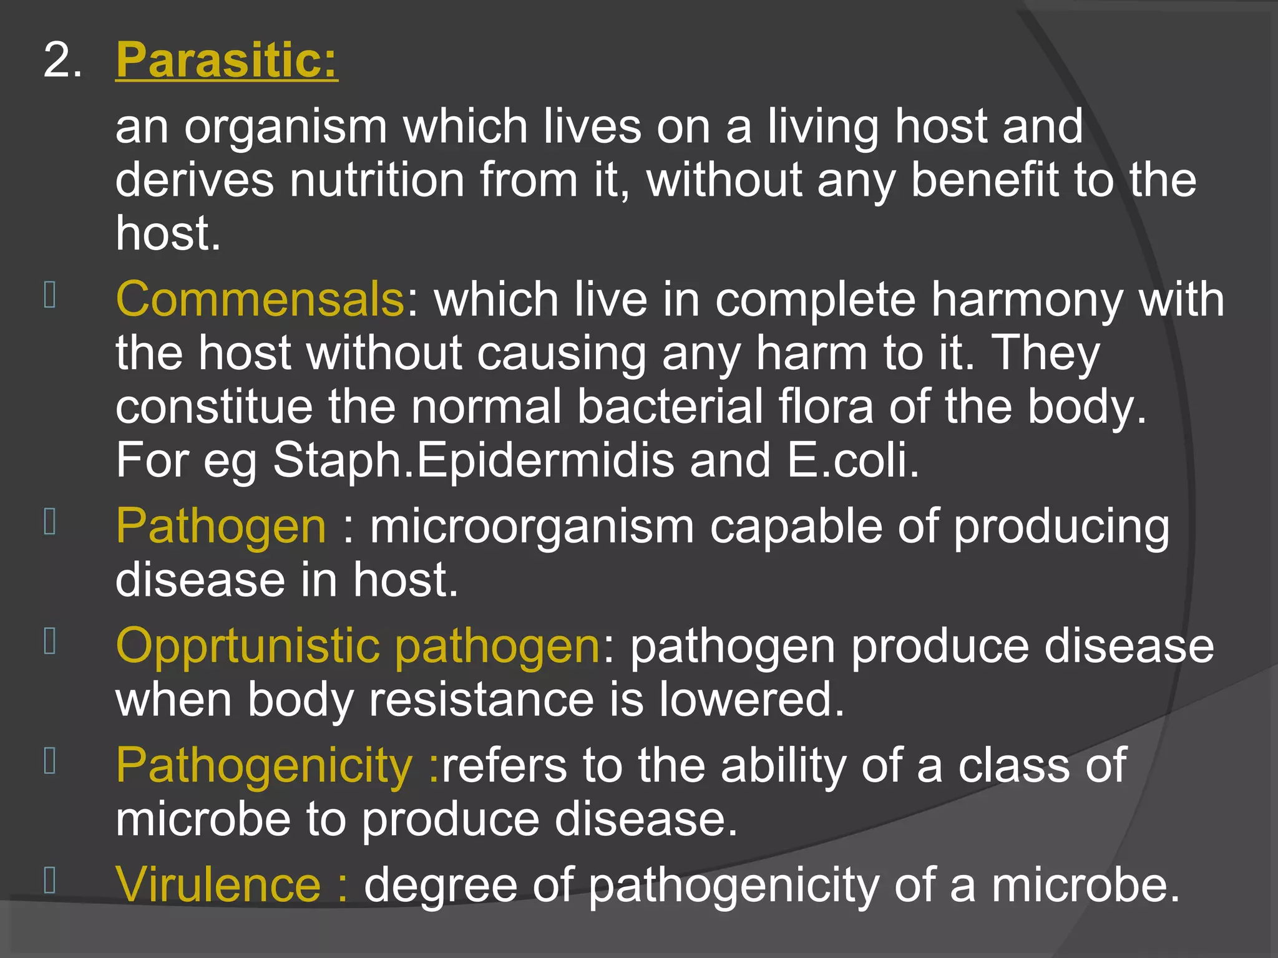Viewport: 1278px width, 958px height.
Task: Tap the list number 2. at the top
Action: click(x=62, y=61)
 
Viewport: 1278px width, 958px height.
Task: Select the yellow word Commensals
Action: click(x=260, y=299)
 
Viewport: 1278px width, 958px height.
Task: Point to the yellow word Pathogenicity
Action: click(x=264, y=765)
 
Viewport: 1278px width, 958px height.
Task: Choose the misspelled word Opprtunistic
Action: click(x=248, y=646)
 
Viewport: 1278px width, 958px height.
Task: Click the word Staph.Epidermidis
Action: click(x=474, y=460)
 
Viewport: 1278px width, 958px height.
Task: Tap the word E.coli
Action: click(x=852, y=460)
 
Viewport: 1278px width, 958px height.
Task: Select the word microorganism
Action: click(x=532, y=527)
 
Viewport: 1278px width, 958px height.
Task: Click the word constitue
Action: click(x=213, y=407)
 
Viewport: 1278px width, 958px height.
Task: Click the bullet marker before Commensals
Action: click(x=51, y=295)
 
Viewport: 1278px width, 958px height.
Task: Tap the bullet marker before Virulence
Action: click(x=51, y=880)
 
